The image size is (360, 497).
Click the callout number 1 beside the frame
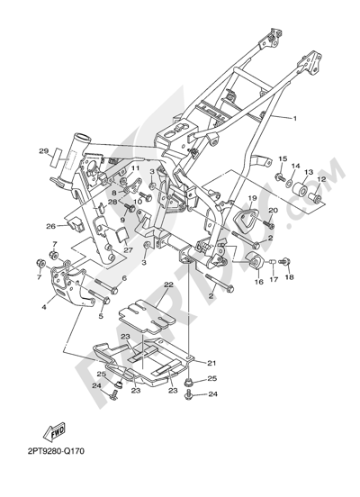tap(294, 119)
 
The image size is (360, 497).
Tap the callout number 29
tap(44, 151)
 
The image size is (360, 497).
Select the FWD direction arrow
tap(54, 432)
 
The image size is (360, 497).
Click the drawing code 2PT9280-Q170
tap(56, 451)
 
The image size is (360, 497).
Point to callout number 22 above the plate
tap(169, 285)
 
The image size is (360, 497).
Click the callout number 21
tap(211, 363)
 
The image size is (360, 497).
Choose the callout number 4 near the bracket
tap(44, 307)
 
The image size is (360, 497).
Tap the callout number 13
tap(309, 172)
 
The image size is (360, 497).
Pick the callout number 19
tap(252, 198)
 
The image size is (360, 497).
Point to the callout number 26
tap(50, 226)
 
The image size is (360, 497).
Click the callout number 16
tap(259, 282)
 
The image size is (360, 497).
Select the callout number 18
tap(289, 277)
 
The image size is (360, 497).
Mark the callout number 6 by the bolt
tap(124, 278)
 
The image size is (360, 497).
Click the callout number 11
tap(135, 168)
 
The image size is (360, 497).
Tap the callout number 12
tap(321, 179)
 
